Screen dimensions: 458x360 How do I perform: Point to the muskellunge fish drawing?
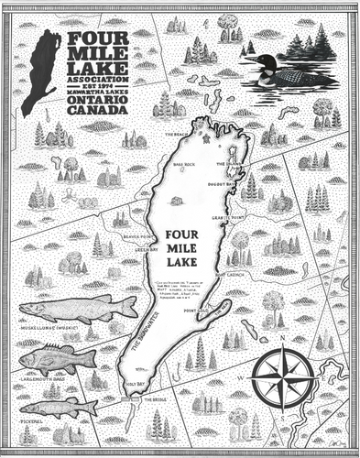coord(78,308)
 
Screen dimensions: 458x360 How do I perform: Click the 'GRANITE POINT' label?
coord(225,217)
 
